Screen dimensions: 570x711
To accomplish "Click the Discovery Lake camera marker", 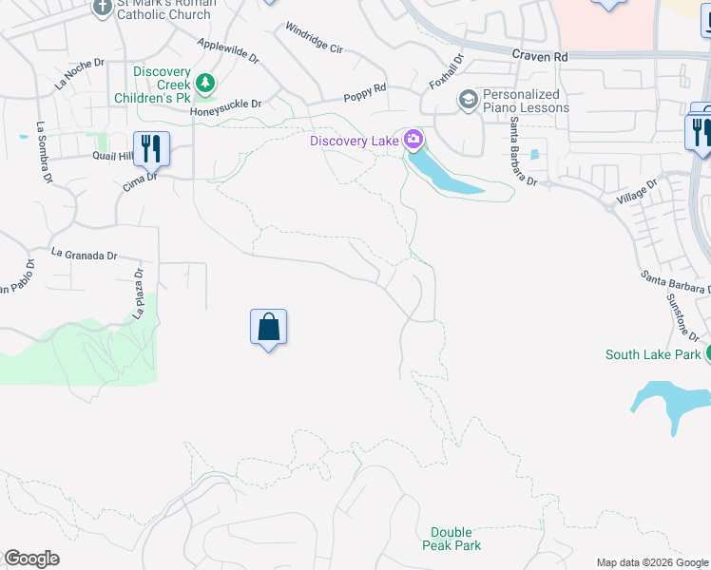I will coord(413,141).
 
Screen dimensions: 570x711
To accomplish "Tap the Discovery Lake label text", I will coord(355,142).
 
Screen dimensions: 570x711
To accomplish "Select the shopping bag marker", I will coord(269,328).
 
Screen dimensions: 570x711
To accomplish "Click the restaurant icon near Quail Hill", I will coord(151,147).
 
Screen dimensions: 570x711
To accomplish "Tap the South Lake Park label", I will coord(653,355).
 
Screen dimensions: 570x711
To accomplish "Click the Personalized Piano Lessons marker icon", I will coord(468,99).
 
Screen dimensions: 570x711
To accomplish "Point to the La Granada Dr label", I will coord(85,255).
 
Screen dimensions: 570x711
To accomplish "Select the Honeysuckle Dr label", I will coord(225,108).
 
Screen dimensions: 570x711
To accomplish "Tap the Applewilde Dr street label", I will coord(228,50).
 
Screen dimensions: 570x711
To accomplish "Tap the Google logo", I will coord(31,559).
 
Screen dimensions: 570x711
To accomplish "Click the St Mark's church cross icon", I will coord(104,8).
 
